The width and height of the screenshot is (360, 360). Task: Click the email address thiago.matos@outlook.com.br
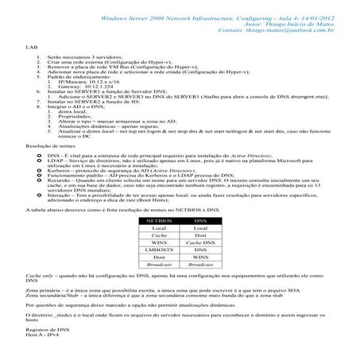(x=269, y=31)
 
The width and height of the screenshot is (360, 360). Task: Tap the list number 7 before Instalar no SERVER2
(x=39, y=101)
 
